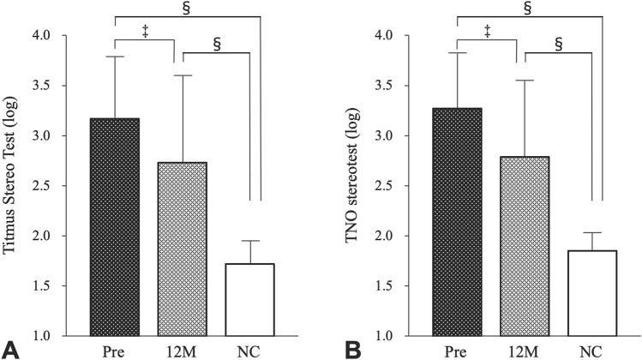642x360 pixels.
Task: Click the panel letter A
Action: click(x=9, y=348)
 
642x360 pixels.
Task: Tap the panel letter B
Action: click(x=351, y=348)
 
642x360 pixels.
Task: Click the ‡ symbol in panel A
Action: click(x=146, y=31)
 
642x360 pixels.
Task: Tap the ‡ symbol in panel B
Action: click(x=488, y=31)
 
